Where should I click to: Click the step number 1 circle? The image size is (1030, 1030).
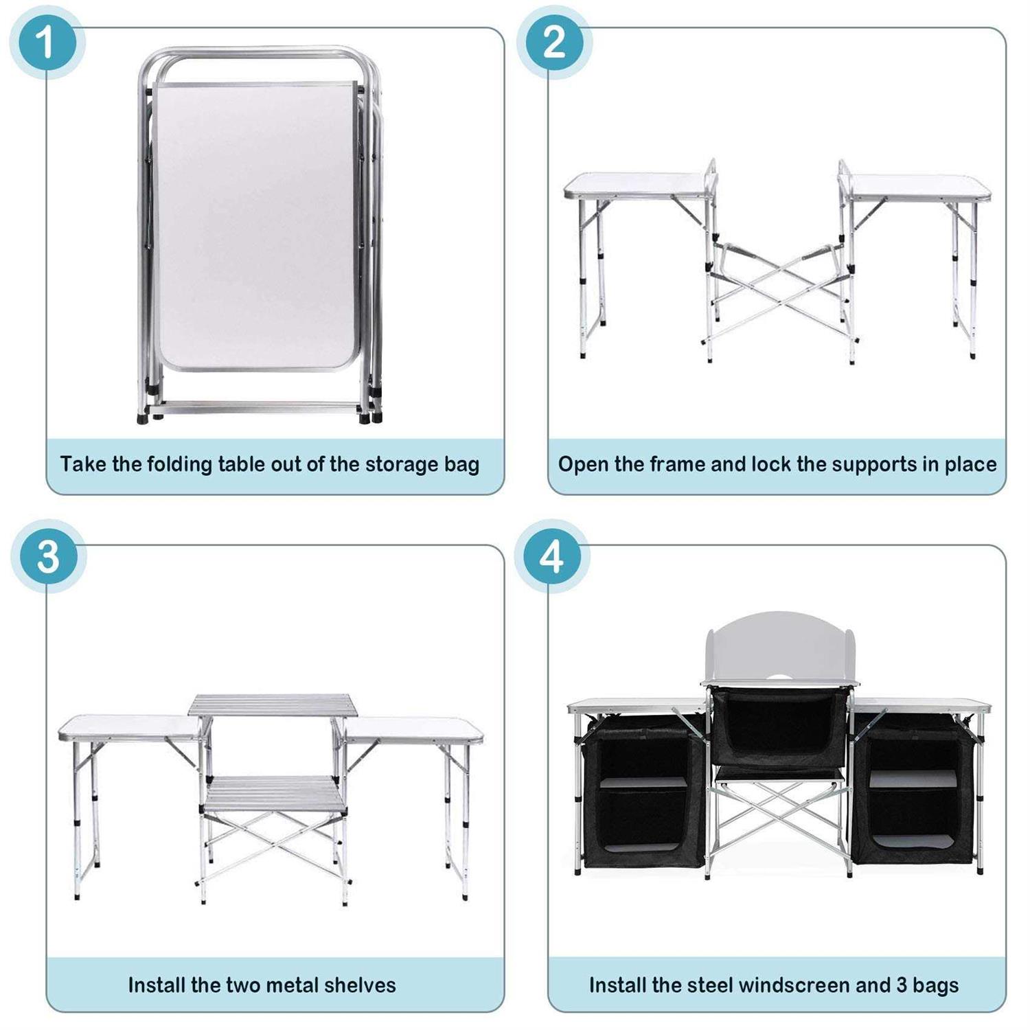pyautogui.click(x=47, y=43)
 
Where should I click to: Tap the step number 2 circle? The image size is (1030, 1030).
pyautogui.click(x=554, y=43)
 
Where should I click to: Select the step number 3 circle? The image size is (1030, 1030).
pyautogui.click(x=48, y=556)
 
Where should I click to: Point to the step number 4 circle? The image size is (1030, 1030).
pyautogui.click(x=552, y=556)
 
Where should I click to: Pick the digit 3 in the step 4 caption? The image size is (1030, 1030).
pyautogui.click(x=902, y=985)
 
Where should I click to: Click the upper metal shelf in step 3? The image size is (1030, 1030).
pyautogui.click(x=273, y=705)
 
